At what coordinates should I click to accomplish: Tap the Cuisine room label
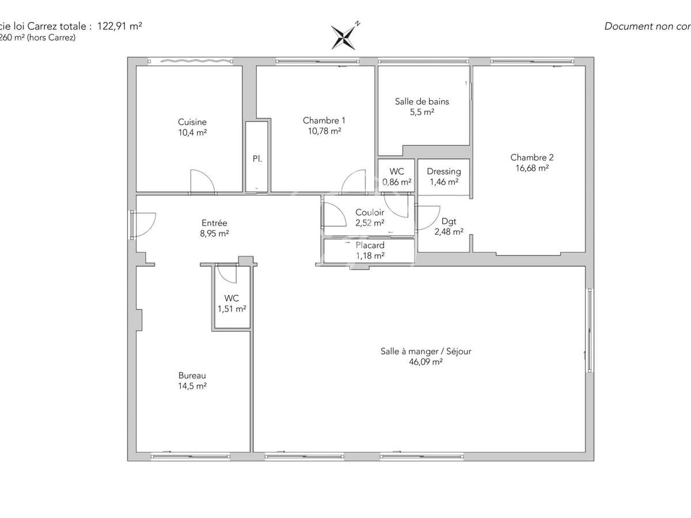click(x=192, y=122)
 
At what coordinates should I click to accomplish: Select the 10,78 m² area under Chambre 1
click(x=324, y=131)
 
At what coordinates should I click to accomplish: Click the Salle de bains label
click(x=422, y=101)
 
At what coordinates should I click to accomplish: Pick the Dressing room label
click(x=443, y=172)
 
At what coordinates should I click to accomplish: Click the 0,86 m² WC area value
click(x=397, y=182)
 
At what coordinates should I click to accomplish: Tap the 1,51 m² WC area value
click(x=231, y=308)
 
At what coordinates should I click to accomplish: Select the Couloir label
click(x=370, y=212)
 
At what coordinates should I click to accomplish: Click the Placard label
click(x=370, y=245)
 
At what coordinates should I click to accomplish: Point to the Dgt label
click(x=449, y=221)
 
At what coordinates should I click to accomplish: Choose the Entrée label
click(x=214, y=223)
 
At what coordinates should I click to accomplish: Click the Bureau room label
click(x=192, y=375)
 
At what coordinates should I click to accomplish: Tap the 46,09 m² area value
click(x=426, y=362)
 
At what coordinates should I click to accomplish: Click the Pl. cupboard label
click(x=257, y=158)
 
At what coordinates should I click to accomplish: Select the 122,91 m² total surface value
click(x=120, y=26)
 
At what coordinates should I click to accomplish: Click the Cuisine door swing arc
click(x=203, y=180)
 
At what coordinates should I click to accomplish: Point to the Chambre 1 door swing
click(x=354, y=181)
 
